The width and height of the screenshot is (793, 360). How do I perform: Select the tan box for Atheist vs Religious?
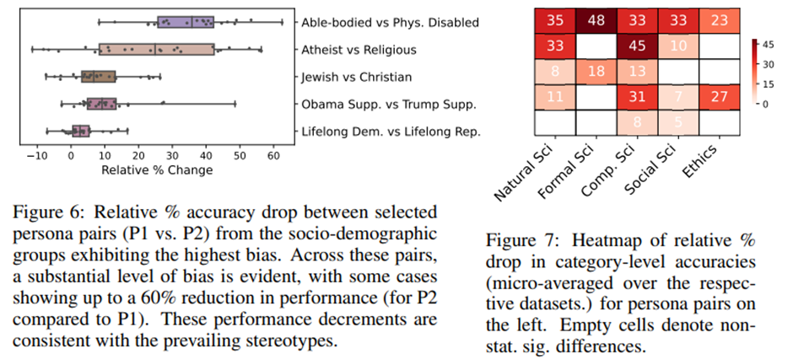coord(156,49)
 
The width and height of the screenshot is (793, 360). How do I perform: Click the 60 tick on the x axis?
coord(272,155)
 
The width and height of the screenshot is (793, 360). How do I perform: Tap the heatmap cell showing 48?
coord(601,21)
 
